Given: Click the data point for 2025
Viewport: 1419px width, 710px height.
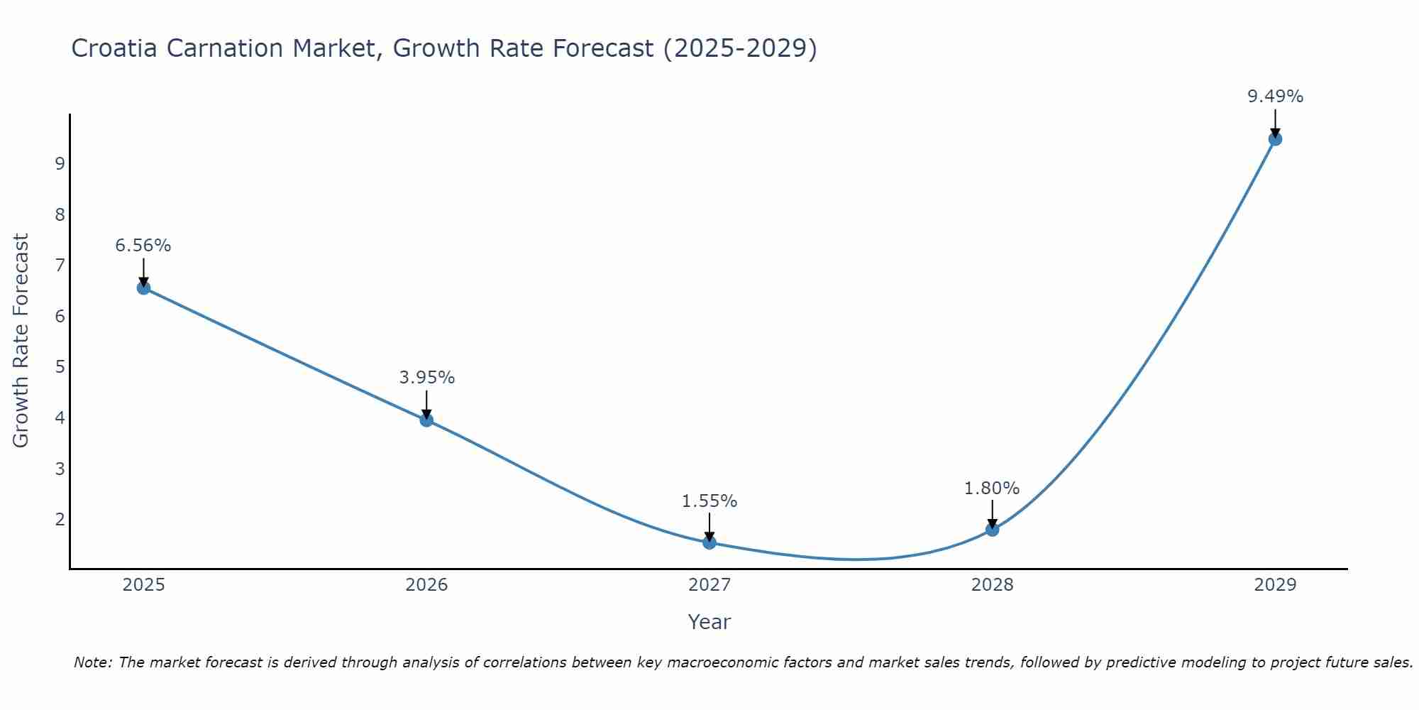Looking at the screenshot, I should [143, 288].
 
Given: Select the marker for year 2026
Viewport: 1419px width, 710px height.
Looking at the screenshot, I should [426, 420].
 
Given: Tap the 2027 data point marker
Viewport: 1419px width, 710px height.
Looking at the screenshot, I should [709, 542].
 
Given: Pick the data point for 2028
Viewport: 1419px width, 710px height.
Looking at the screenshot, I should [992, 529].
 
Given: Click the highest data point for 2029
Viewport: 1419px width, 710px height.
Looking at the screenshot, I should [1275, 139].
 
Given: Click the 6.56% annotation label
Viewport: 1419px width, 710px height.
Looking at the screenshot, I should [143, 246].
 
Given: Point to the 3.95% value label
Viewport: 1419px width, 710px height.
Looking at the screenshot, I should [426, 378].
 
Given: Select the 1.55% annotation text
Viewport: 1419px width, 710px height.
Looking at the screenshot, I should [709, 501].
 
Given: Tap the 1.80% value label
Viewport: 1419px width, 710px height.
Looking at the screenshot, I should [992, 488].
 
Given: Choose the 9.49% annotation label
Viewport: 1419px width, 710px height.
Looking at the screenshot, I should [1275, 97].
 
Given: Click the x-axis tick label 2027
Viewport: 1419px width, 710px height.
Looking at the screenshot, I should [709, 585].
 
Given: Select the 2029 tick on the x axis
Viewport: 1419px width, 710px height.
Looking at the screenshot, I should [1275, 585].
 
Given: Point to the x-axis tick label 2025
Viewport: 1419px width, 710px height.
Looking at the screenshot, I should [143, 585].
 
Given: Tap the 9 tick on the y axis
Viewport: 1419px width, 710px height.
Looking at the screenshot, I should [60, 164].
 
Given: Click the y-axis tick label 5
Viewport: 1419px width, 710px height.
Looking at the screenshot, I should [60, 367].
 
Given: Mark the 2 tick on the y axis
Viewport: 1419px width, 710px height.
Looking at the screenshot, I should [60, 519].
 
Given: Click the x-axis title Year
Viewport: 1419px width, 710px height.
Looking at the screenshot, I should [709, 622].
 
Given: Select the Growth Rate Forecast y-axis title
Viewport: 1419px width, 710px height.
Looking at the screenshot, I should [21, 341].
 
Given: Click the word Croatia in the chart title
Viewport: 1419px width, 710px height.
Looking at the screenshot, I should [114, 48].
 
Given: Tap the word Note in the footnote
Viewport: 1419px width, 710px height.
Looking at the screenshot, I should [92, 662].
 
